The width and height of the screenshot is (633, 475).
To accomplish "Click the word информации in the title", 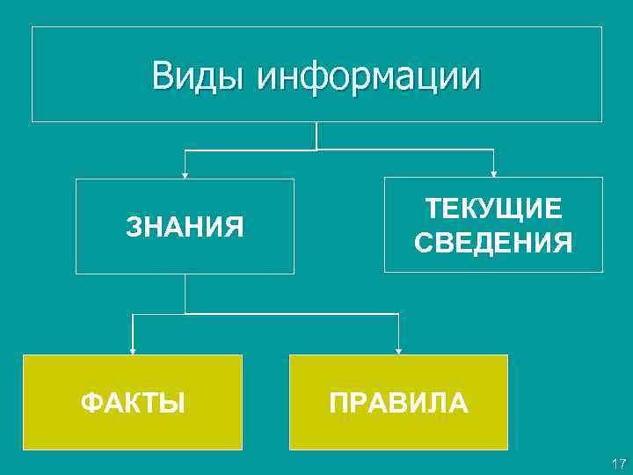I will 369,77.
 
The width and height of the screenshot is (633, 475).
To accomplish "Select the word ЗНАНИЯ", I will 185,228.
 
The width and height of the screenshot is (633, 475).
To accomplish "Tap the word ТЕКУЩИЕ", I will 493,209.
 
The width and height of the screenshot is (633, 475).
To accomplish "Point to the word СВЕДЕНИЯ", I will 493,242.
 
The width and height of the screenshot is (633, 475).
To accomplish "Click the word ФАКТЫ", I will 133,404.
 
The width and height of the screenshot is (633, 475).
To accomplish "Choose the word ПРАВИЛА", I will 398,404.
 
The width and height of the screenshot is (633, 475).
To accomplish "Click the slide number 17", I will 617,463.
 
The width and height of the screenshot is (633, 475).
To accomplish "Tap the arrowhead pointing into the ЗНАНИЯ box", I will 185,174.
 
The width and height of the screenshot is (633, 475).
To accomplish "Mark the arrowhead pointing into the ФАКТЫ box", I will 133,350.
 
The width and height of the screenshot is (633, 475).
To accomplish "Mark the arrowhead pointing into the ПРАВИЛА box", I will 398,350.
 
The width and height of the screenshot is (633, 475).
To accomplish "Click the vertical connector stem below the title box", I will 316,135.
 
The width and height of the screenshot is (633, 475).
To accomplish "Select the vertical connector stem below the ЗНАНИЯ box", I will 185,294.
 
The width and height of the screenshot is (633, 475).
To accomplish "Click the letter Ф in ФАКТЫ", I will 90,404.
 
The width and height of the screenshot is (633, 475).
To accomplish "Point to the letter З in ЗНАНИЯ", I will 134,228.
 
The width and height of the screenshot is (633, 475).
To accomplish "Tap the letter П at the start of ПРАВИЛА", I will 338,404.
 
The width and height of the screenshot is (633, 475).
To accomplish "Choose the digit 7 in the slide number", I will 621,463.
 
